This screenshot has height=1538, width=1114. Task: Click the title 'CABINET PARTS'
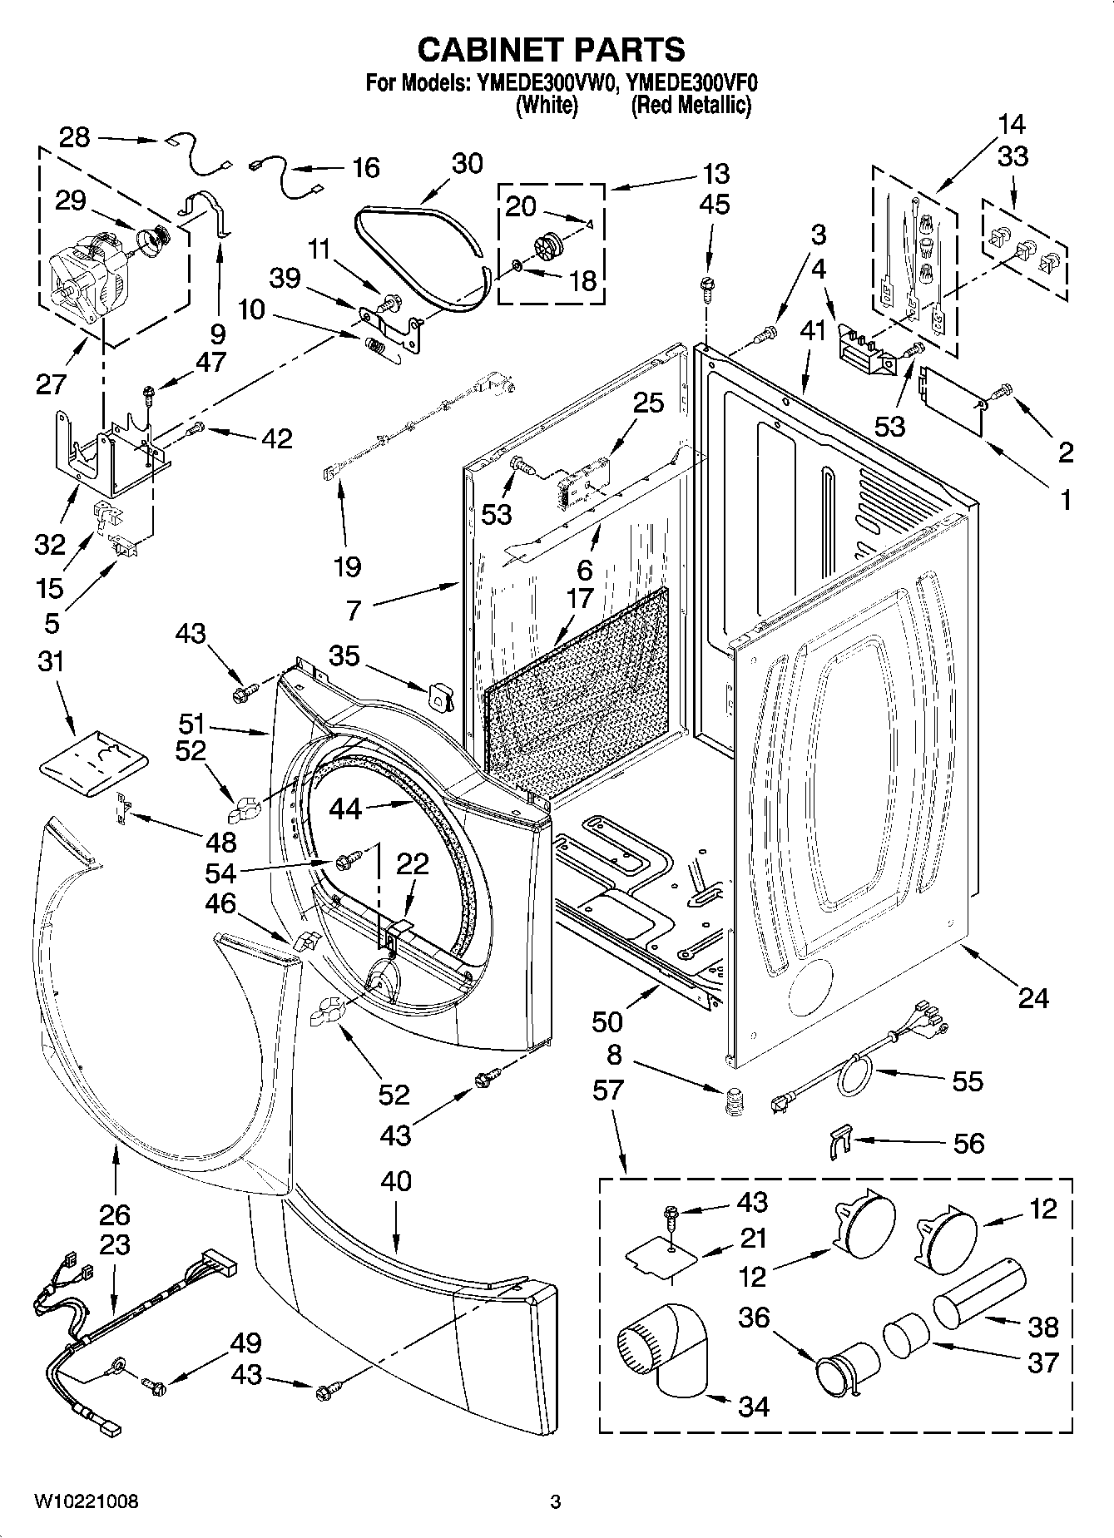(x=551, y=49)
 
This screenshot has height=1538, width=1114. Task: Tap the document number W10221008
(x=87, y=1501)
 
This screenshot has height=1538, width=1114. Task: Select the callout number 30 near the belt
(x=467, y=163)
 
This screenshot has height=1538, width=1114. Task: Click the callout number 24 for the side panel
(x=1032, y=996)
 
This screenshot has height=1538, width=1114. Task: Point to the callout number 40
(x=395, y=1180)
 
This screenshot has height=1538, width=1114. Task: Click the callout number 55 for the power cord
(x=967, y=1081)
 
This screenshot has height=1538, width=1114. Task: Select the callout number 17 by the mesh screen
(x=579, y=598)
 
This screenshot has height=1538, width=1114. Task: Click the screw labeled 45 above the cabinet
(x=707, y=285)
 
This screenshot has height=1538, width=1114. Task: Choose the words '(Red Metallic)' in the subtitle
(x=691, y=106)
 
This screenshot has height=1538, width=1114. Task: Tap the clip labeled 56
(x=841, y=1141)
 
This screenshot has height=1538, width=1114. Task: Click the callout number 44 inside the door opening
(x=346, y=809)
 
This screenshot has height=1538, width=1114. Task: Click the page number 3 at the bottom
(x=556, y=1501)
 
